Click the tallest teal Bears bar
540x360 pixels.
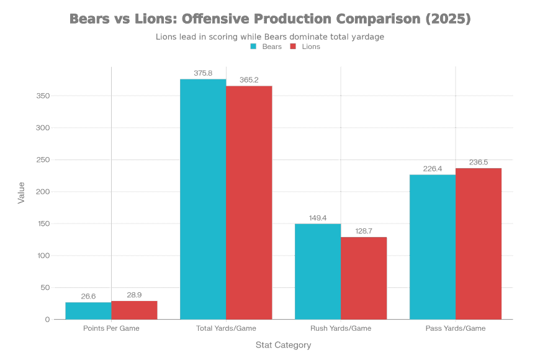203,199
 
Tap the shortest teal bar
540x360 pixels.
88,311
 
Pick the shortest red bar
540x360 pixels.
134,310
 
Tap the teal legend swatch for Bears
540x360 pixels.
253,46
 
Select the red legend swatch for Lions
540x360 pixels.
293,46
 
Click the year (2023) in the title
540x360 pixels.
450,20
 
